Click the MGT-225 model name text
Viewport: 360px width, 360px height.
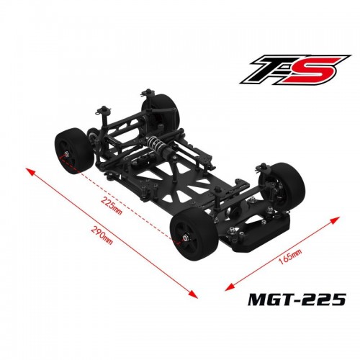click(x=297, y=299)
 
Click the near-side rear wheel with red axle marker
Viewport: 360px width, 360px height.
click(x=73, y=150)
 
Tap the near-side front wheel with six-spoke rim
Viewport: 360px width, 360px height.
click(x=193, y=235)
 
